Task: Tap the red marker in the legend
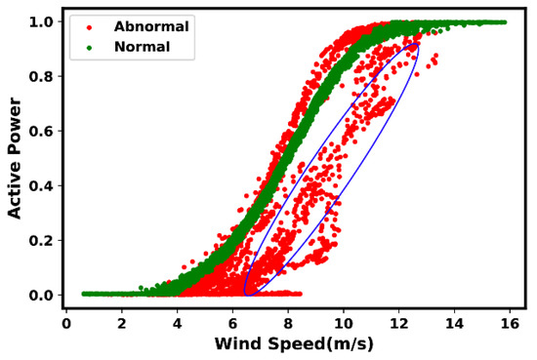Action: tap(91, 26)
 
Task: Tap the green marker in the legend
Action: tap(91, 47)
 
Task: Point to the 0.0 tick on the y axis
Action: tap(43, 295)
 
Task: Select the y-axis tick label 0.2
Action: tap(43, 240)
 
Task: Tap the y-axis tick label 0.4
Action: tap(43, 185)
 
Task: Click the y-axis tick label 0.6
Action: tap(43, 131)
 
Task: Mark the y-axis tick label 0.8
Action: tap(43, 76)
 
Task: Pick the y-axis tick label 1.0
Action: tap(43, 21)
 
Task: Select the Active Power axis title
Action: tap(15, 158)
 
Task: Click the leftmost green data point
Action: tap(84, 293)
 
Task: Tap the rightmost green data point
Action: tap(504, 21)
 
